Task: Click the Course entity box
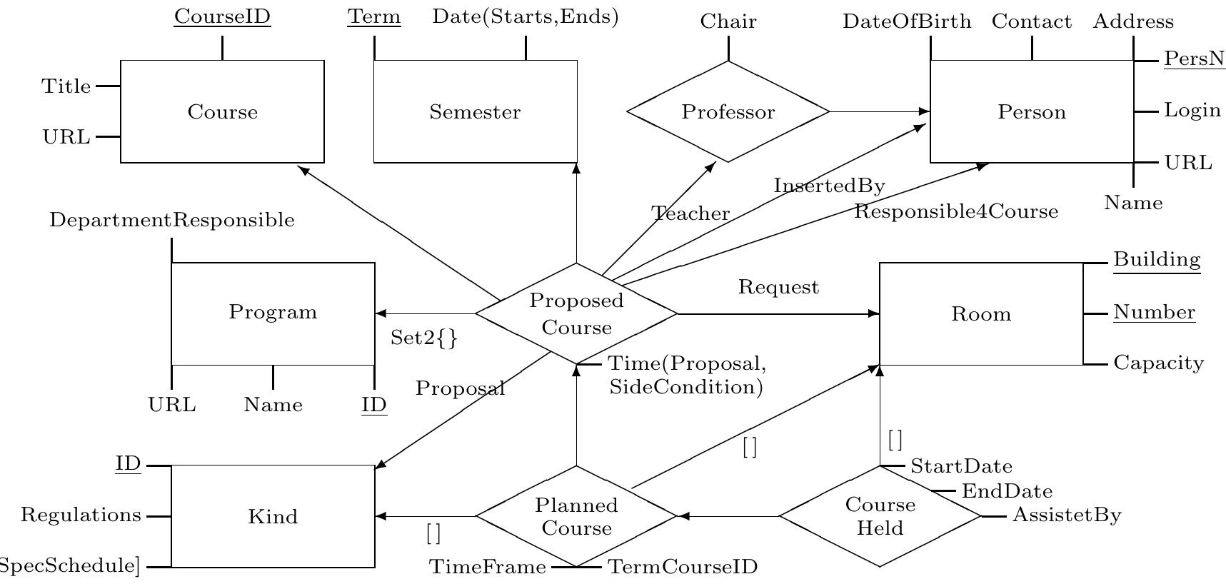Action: click(x=222, y=112)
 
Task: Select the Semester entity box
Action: click(x=475, y=112)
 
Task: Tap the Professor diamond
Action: click(x=728, y=112)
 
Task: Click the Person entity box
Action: click(x=1031, y=112)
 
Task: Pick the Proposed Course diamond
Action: click(x=576, y=314)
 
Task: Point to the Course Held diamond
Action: click(x=880, y=516)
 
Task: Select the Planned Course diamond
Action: click(x=576, y=516)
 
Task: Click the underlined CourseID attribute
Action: click(x=222, y=17)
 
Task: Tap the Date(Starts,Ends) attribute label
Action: click(x=526, y=17)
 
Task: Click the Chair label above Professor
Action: click(x=728, y=22)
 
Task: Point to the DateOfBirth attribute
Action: click(x=907, y=22)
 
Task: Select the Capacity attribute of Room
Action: click(x=1158, y=363)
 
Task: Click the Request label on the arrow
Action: click(x=778, y=288)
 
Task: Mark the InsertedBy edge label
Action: click(x=829, y=186)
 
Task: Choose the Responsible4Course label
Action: click(x=956, y=212)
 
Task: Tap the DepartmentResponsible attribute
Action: click(x=171, y=221)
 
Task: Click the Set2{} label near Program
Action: click(x=423, y=338)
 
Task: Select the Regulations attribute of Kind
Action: click(x=81, y=515)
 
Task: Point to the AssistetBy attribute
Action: click(x=1067, y=515)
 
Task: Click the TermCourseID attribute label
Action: click(x=682, y=568)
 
